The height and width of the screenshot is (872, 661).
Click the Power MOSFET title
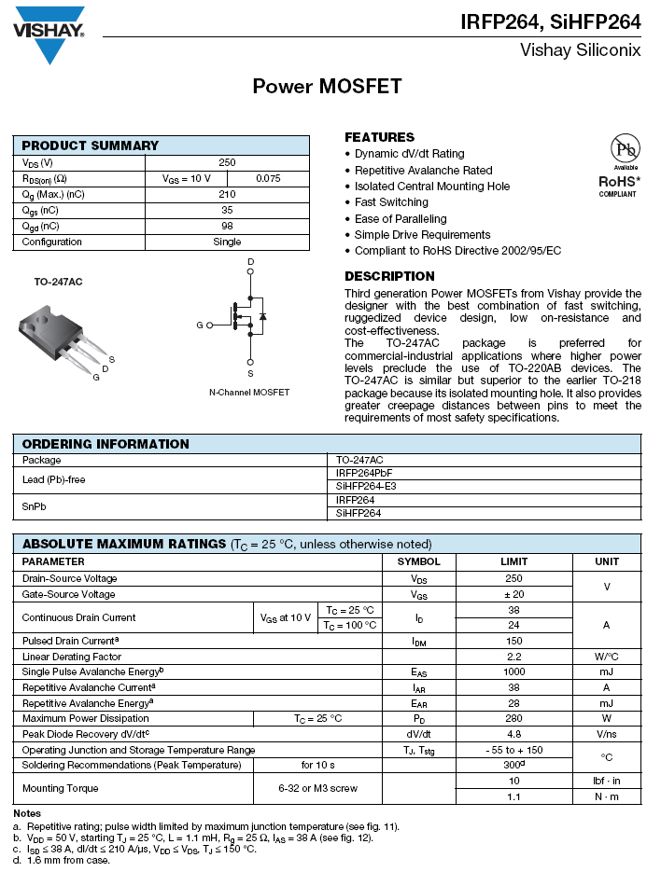point(327,87)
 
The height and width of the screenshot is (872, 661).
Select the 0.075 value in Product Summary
point(268,178)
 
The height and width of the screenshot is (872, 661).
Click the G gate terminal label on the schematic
point(199,325)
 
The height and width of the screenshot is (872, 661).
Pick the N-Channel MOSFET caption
point(249,393)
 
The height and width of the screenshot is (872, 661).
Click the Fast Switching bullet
point(391,202)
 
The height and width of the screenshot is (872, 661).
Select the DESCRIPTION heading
point(389,276)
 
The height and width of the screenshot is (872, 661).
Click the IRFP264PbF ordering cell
point(363,473)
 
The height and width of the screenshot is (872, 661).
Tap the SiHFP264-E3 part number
point(366,487)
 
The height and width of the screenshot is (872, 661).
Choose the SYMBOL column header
point(418,561)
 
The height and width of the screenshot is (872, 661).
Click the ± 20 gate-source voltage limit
point(513,594)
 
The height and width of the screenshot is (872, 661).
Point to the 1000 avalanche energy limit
point(513,671)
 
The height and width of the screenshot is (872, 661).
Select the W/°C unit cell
point(606,657)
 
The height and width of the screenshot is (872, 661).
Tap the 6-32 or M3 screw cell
point(317,788)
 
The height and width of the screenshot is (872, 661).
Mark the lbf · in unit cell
point(606,781)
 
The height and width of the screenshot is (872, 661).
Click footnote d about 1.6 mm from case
point(62,860)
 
